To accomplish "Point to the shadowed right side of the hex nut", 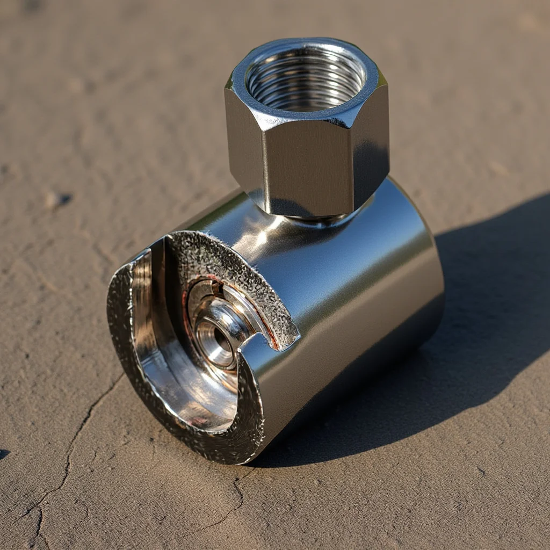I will [371, 156].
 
